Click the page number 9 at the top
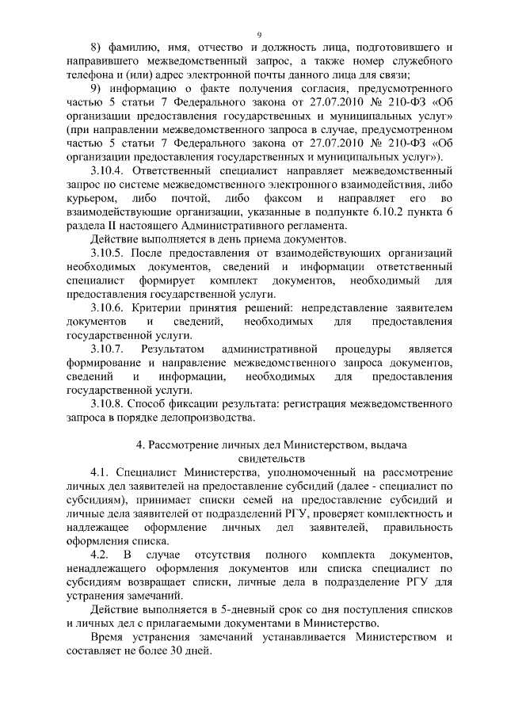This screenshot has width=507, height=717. (x=259, y=34)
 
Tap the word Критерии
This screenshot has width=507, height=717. (x=158, y=307)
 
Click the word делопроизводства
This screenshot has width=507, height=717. (x=208, y=416)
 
